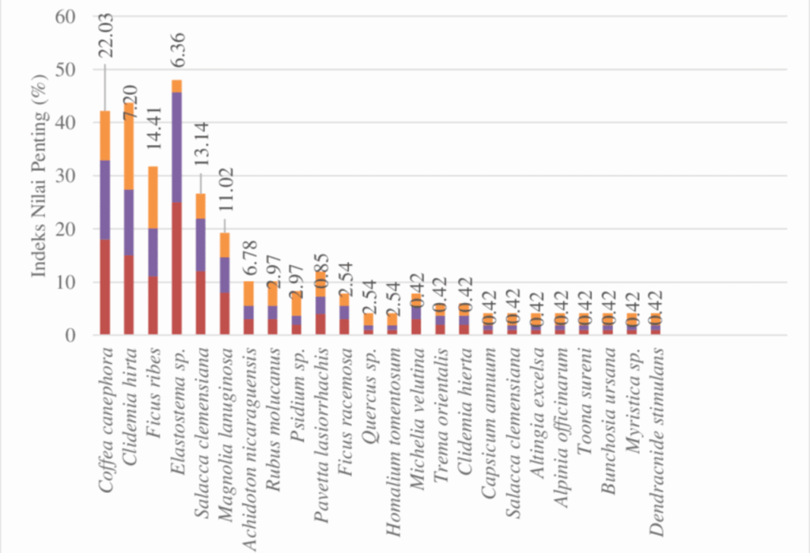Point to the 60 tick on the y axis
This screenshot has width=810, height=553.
[69, 17]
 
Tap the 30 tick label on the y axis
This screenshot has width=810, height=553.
[69, 176]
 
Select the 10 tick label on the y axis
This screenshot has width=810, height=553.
[69, 282]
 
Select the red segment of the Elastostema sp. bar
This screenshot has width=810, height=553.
[176, 268]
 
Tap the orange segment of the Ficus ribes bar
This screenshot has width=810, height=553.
[153, 198]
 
